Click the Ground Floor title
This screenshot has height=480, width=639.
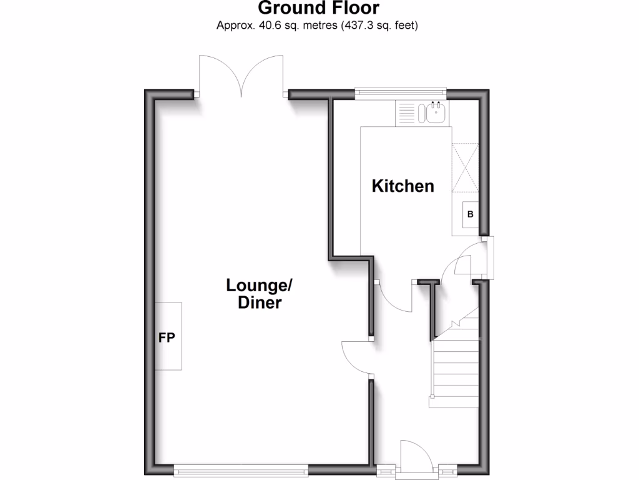tap(318, 8)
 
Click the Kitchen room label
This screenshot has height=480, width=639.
tap(402, 186)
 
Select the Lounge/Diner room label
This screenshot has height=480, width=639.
tap(259, 294)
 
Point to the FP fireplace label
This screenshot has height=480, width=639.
tap(166, 338)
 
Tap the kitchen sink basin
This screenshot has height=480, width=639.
tap(435, 113)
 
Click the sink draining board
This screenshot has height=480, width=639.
tap(406, 113)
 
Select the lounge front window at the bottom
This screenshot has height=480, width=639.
tap(241, 469)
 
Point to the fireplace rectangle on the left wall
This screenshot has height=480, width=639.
tap(168, 336)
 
